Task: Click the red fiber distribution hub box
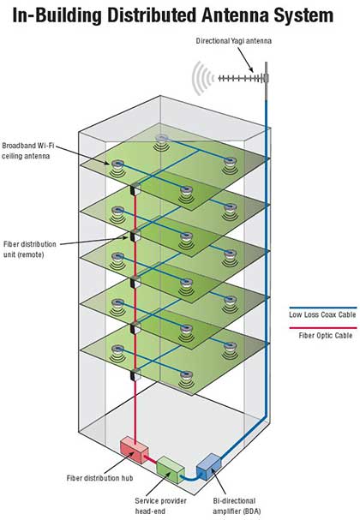click(x=134, y=450)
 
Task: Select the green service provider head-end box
click(x=171, y=469)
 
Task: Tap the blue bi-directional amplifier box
click(x=208, y=466)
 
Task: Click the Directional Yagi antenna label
click(x=234, y=41)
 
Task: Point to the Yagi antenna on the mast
click(x=243, y=78)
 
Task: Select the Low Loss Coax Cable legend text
click(x=322, y=314)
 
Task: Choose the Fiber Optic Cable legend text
click(x=326, y=335)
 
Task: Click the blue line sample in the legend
click(x=323, y=308)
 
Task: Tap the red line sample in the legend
click(x=323, y=328)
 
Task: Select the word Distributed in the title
click(x=153, y=15)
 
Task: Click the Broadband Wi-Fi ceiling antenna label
click(x=27, y=151)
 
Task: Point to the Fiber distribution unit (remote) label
click(x=29, y=249)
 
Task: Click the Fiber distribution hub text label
click(x=99, y=478)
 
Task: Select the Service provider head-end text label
click(x=160, y=505)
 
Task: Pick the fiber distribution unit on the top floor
click(x=135, y=190)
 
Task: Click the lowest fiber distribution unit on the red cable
click(x=135, y=375)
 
